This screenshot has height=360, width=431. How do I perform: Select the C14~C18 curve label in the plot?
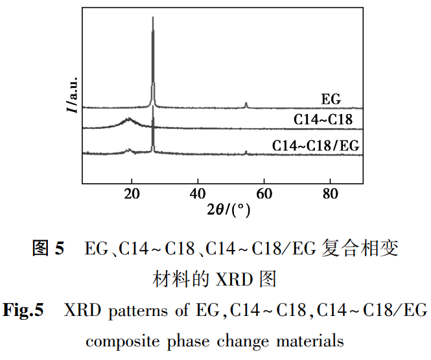[323, 120]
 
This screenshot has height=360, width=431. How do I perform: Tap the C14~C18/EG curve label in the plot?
[315, 145]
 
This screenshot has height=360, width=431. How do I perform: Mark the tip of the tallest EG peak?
[153, 18]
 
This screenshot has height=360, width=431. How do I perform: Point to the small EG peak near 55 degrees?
[246, 104]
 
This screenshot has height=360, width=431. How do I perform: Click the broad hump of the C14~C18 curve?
[128, 119]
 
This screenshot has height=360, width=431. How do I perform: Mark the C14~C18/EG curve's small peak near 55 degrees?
[246, 152]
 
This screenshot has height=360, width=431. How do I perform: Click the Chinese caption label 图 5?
[49, 249]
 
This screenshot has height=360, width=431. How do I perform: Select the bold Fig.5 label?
[23, 311]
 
